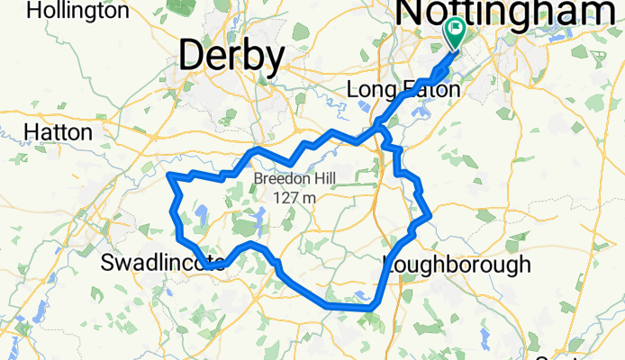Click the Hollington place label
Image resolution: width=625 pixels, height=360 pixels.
78,11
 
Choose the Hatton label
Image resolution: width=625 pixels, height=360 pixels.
59,131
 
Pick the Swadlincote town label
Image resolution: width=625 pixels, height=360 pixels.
162,264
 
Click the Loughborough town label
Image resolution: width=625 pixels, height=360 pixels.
457,264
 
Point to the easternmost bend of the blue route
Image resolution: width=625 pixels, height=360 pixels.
430,215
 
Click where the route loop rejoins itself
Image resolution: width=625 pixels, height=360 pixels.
381,126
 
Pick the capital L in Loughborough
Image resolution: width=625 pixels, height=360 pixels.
390,264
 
